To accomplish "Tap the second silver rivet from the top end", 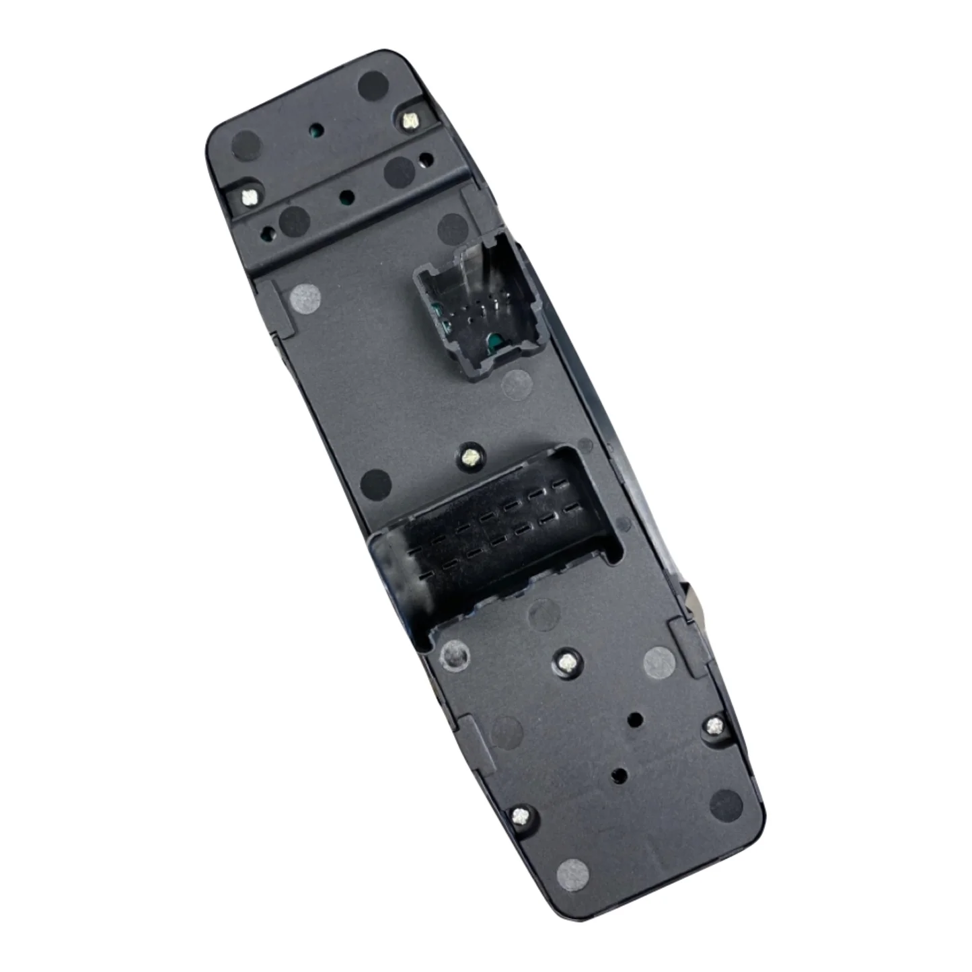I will [249, 197].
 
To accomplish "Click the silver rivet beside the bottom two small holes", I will [714, 725].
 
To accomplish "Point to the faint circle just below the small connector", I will [519, 385].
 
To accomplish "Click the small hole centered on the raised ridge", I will [346, 197].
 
